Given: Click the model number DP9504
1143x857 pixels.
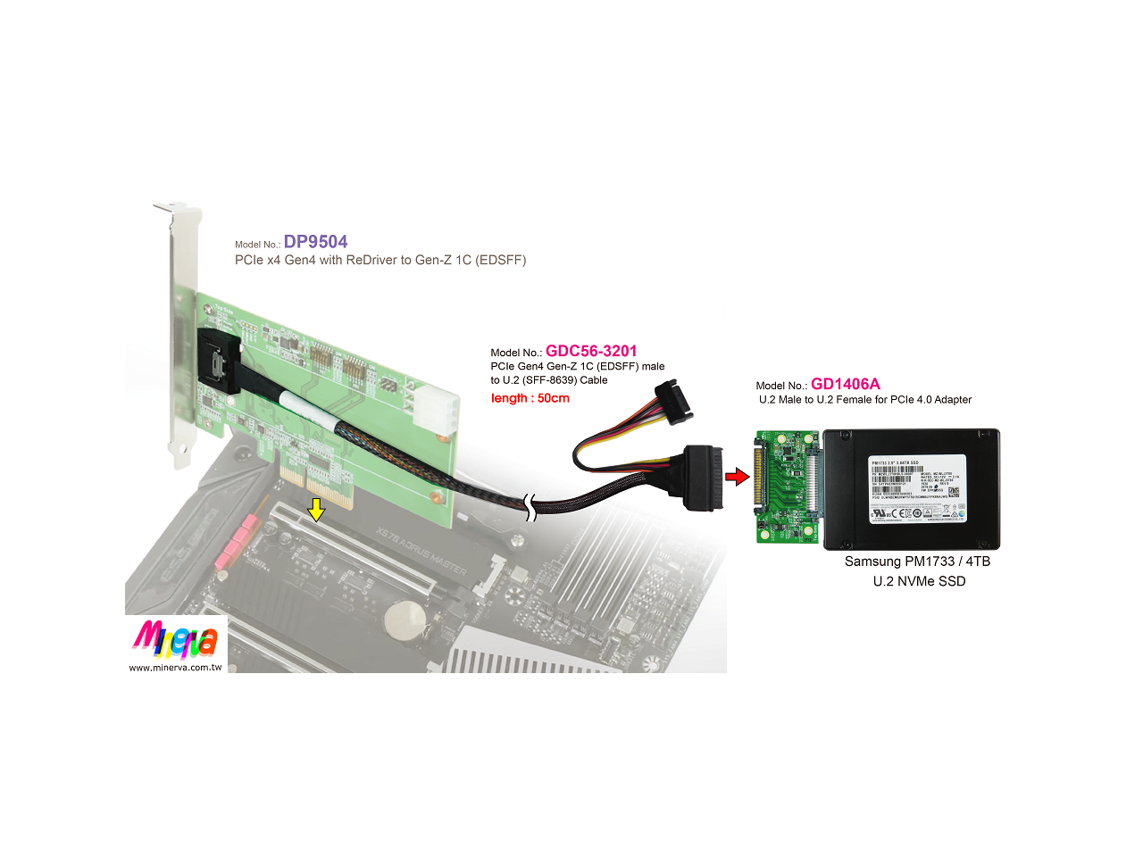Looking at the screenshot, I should click(x=315, y=242).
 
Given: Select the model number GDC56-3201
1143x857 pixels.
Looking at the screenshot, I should click(x=591, y=351).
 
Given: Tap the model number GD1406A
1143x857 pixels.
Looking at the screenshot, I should click(x=845, y=384).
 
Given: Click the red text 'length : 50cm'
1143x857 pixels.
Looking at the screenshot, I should click(x=530, y=398).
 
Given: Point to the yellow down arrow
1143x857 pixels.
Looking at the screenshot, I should click(x=316, y=510).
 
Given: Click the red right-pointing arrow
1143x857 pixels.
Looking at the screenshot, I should click(x=737, y=477).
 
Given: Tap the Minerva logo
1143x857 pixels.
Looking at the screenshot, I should click(x=175, y=639).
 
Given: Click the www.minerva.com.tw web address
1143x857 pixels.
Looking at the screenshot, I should click(x=175, y=667).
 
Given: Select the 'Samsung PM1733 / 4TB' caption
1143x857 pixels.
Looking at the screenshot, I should click(x=917, y=562).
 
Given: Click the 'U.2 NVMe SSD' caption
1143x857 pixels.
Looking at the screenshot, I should click(x=919, y=581).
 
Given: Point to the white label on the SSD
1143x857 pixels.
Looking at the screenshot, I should click(x=917, y=489).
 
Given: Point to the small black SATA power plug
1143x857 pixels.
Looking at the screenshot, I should click(x=673, y=402).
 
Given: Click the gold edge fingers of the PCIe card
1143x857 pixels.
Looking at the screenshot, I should click(x=317, y=487).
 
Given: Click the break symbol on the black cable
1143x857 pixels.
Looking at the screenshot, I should click(x=531, y=508).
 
